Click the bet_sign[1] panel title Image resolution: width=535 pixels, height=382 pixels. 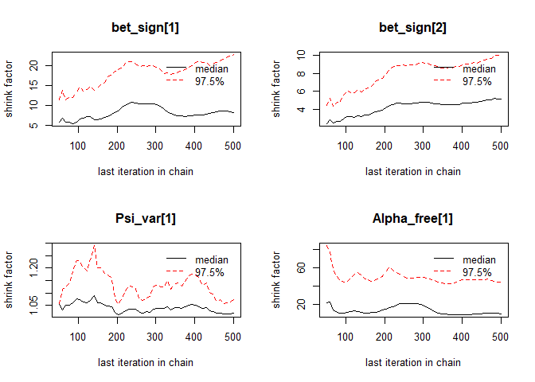[145, 28]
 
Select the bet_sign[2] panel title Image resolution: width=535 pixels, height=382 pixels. [412, 28]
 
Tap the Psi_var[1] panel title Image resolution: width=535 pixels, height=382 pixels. [145, 219]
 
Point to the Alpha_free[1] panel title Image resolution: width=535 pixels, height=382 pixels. [412, 219]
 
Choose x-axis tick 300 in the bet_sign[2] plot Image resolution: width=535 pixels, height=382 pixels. [424, 145]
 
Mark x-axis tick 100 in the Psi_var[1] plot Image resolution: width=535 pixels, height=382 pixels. [78, 336]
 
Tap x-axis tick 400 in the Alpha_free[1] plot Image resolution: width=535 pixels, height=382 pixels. [462, 336]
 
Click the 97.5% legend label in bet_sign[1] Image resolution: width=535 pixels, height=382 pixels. [210, 80]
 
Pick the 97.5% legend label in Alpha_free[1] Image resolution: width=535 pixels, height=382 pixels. [478, 271]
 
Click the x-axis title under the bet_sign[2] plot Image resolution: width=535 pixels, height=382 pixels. [412, 171]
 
